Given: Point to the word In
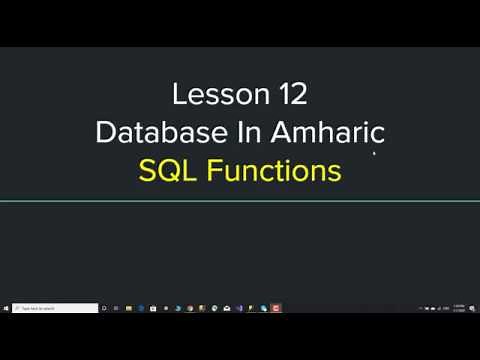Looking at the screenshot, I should tap(231, 132).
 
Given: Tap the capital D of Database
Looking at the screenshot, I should tap(104, 132).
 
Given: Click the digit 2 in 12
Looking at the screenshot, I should tap(297, 95).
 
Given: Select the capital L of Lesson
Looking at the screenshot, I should tap(179, 95).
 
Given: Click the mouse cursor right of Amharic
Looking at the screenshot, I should tap(375, 154).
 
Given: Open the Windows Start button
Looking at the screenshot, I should tap(6, 309).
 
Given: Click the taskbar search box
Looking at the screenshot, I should tap(55, 309).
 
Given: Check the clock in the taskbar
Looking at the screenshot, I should tap(458, 309).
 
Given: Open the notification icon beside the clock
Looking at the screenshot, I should tap(473, 309).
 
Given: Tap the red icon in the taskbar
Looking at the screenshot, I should tap(276, 309).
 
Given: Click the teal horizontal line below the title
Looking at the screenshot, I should tap(240, 201).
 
